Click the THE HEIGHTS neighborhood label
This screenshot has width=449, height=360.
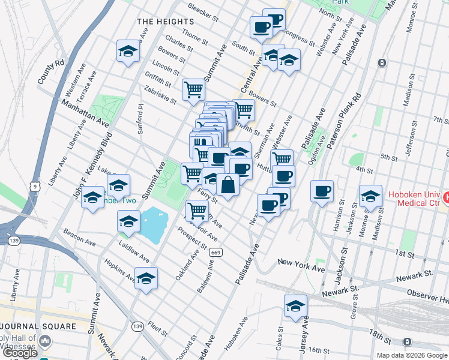click(166, 21)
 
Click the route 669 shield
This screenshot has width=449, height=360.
click(217, 252)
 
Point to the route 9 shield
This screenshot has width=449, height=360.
click(36, 187)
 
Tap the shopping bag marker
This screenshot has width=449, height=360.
click(228, 185)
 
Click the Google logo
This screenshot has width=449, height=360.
click(20, 353)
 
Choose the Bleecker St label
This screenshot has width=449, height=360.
click(202, 9)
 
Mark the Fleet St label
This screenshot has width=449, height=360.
click(157, 329)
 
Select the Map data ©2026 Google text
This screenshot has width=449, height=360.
click(411, 355)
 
